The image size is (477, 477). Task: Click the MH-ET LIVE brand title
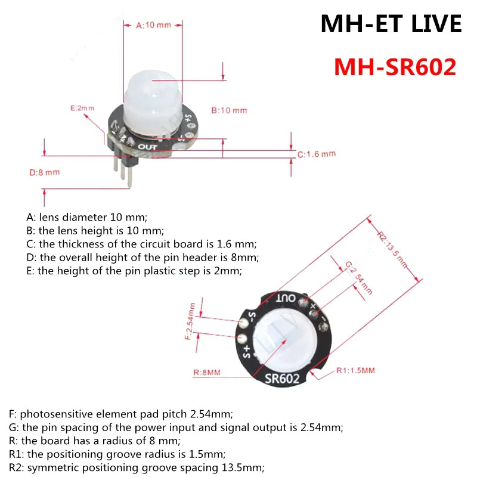point(391,24)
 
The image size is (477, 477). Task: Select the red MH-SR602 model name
point(395,66)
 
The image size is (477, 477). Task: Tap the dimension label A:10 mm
point(153,25)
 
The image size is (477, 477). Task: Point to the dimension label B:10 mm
point(229,110)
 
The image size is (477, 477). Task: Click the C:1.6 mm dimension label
point(317,154)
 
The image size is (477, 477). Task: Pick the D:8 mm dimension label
point(45,173)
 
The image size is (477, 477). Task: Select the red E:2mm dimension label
point(82,108)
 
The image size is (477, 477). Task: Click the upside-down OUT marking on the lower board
point(285,297)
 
